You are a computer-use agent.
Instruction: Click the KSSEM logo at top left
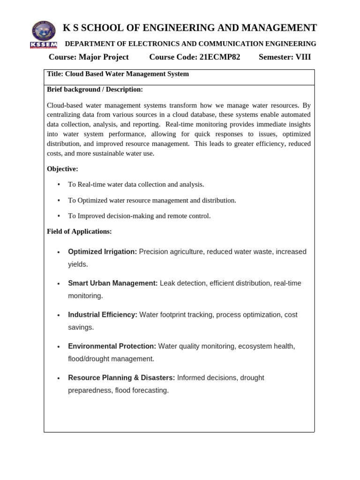click(43, 34)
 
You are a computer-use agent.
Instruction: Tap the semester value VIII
click(300, 57)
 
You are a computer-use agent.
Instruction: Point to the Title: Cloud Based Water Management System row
click(118, 74)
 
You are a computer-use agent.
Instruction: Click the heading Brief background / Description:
click(95, 90)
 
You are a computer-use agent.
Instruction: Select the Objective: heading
click(63, 169)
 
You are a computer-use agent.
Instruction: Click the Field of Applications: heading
click(79, 232)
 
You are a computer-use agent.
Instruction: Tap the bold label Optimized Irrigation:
click(102, 252)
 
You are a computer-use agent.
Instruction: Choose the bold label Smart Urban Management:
click(112, 283)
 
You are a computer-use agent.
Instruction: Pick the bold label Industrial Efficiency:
click(103, 315)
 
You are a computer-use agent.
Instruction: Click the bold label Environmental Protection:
click(112, 346)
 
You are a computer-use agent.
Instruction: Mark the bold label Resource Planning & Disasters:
click(121, 378)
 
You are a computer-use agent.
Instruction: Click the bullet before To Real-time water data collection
click(59, 185)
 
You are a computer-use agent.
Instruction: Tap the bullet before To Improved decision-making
click(59, 216)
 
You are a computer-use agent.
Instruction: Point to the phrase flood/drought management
click(111, 359)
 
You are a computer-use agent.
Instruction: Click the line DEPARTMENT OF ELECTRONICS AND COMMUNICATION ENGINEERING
click(190, 44)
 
